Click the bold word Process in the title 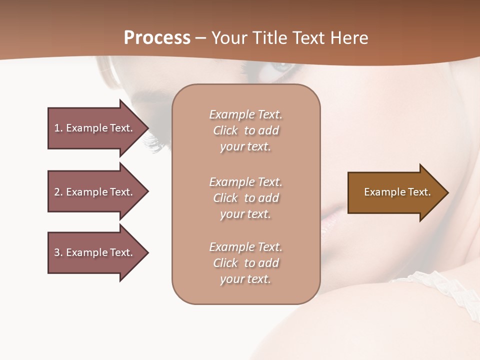click(157, 38)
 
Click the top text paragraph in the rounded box click(245, 130)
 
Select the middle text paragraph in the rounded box click(245, 198)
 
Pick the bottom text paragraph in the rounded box click(245, 263)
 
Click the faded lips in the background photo click(332, 220)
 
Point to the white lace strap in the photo click(440, 285)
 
